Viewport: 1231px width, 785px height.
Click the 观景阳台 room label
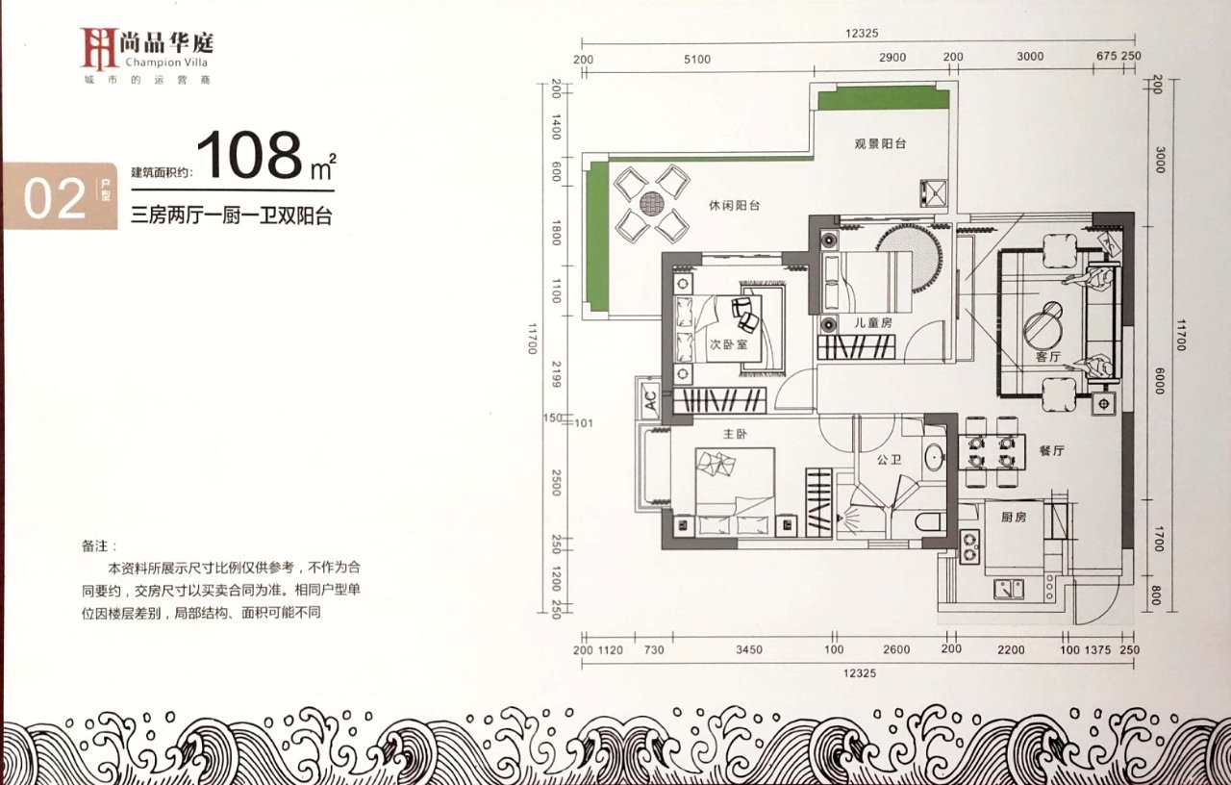[880, 144]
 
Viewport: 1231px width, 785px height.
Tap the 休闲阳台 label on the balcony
[734, 206]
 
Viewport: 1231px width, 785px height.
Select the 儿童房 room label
[872, 322]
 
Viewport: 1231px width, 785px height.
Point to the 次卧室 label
[729, 344]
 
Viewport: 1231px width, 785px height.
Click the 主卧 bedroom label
[736, 434]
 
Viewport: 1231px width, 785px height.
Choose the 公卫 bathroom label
[890, 459]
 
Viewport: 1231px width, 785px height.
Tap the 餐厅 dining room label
[1052, 451]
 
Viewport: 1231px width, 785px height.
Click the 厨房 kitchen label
[1014, 517]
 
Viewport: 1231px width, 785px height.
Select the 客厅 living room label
[1048, 357]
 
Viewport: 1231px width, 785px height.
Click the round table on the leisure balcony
[652, 203]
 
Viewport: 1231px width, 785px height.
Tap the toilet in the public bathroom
[929, 521]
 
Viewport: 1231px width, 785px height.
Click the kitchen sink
[1009, 589]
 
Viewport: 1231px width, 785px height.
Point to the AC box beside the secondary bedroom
[650, 399]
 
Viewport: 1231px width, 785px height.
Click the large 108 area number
[249, 155]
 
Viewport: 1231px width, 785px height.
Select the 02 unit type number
[55, 198]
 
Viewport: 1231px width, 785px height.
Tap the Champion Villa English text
[166, 63]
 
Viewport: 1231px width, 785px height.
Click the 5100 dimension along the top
[697, 60]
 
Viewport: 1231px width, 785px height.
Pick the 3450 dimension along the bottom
[749, 649]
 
